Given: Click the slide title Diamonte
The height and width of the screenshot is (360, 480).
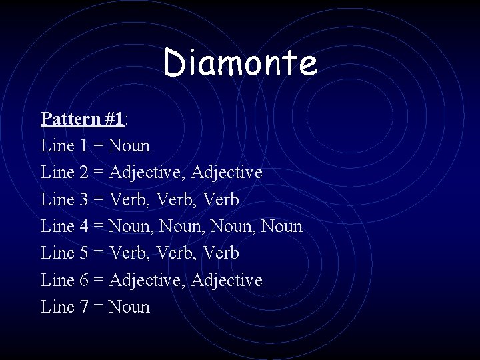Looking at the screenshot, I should (x=240, y=63).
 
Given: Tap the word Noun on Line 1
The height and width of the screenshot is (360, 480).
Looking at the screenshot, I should (x=129, y=145).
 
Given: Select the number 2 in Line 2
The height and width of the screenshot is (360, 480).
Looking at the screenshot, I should (x=83, y=173).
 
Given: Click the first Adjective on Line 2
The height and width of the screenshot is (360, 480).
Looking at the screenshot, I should (x=147, y=173).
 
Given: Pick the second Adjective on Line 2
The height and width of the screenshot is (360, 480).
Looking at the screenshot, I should (x=227, y=173).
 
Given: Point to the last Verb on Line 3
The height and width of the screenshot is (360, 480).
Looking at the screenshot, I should (x=221, y=199).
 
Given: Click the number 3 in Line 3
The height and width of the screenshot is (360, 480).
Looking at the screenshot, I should (x=83, y=199).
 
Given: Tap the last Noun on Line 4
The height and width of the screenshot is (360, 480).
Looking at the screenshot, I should (x=282, y=227).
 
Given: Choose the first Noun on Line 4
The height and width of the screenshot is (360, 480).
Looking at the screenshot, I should (x=129, y=227).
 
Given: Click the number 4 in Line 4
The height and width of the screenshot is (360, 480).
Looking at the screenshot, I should (x=83, y=227).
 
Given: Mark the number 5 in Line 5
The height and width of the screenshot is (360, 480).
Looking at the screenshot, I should (x=83, y=253).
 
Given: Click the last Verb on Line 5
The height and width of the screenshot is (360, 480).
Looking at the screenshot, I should (x=221, y=253).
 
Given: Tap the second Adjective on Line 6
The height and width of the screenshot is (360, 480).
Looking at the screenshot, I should (x=227, y=281).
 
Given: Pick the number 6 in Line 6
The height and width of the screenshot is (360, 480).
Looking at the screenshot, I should (x=83, y=281).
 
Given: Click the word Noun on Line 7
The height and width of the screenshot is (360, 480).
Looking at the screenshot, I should (x=129, y=307).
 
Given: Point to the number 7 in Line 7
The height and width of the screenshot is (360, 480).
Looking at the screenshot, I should (x=83, y=307).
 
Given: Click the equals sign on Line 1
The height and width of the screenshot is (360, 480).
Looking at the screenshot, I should (x=99, y=146).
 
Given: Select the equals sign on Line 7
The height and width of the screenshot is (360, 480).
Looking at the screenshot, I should (x=99, y=308).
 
